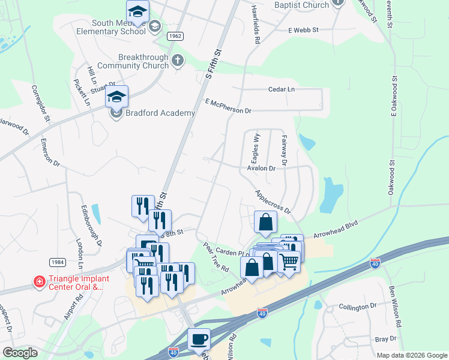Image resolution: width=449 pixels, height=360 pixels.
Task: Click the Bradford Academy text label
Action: click(x=161, y=113)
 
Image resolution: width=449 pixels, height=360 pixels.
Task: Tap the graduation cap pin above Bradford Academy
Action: click(x=117, y=97)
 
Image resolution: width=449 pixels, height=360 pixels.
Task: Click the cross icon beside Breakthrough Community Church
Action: click(x=177, y=60)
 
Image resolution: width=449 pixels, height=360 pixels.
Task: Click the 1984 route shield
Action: click(x=58, y=262)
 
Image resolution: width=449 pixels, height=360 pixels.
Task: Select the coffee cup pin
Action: click(x=199, y=340)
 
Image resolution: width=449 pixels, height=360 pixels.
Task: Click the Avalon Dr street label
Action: click(x=261, y=169)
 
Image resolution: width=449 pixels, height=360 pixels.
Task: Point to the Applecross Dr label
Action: click(x=273, y=203)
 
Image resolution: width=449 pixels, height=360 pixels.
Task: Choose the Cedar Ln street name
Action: click(x=282, y=89)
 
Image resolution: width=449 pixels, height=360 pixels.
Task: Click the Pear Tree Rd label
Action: click(x=216, y=257)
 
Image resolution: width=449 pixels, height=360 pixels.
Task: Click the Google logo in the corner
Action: click(x=20, y=353)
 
